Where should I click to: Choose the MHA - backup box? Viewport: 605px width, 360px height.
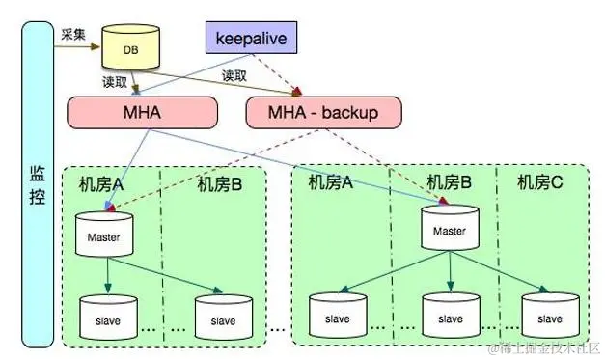coord(312,113)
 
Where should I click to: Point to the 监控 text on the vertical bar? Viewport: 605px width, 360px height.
coord(37,185)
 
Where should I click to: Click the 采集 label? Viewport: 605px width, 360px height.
coord(74,34)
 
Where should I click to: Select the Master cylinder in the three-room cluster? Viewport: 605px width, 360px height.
coord(449,230)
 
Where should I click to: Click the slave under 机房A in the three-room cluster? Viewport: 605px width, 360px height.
coord(337,316)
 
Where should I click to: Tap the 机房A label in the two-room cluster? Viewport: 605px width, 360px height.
coord(101,183)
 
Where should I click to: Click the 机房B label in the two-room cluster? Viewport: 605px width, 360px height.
coord(219,183)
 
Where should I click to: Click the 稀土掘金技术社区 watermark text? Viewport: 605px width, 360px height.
coord(546,346)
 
